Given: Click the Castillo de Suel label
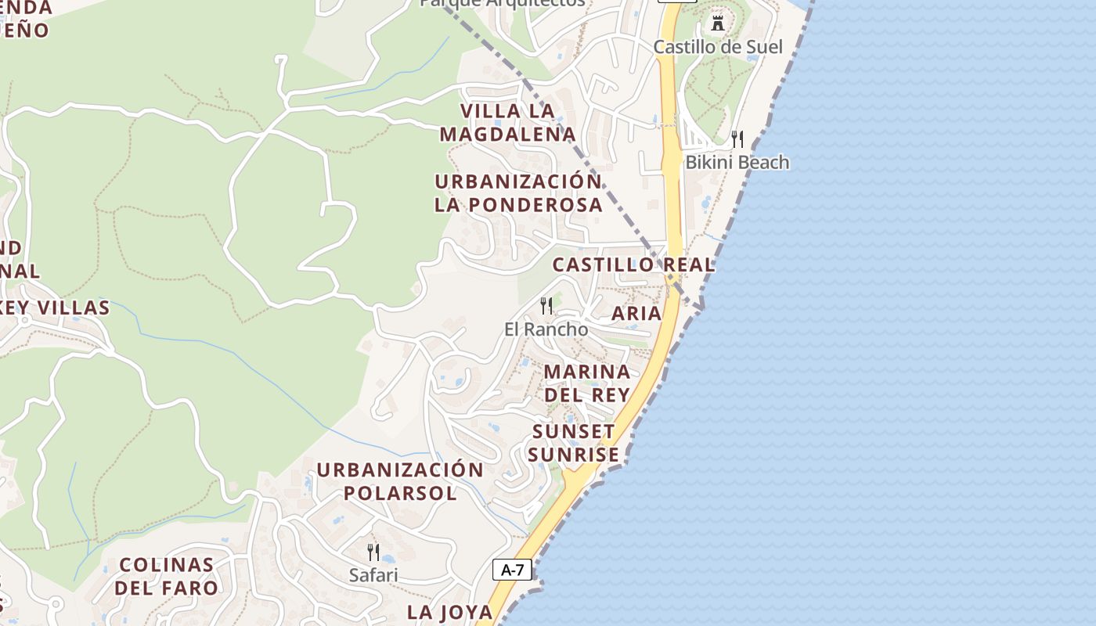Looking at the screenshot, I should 718,47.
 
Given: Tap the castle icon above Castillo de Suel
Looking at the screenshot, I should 718,23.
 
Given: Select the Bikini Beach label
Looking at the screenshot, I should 737,163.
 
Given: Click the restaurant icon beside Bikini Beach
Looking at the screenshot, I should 737,139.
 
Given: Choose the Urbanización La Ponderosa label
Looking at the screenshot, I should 518,193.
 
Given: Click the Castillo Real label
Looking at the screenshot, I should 633,264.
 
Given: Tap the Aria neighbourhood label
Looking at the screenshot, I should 636,314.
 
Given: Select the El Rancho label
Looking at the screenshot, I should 546,329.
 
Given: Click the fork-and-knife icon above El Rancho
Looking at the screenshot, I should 546,305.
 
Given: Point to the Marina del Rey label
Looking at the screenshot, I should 587,383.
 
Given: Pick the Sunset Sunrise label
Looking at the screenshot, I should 574,443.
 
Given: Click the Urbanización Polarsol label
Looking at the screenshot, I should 400,481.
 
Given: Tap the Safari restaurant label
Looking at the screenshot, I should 373,575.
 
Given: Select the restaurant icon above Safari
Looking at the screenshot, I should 373,552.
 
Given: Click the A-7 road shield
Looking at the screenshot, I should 512,570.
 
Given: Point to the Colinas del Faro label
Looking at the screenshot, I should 166,576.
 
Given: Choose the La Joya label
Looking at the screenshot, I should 450,613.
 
